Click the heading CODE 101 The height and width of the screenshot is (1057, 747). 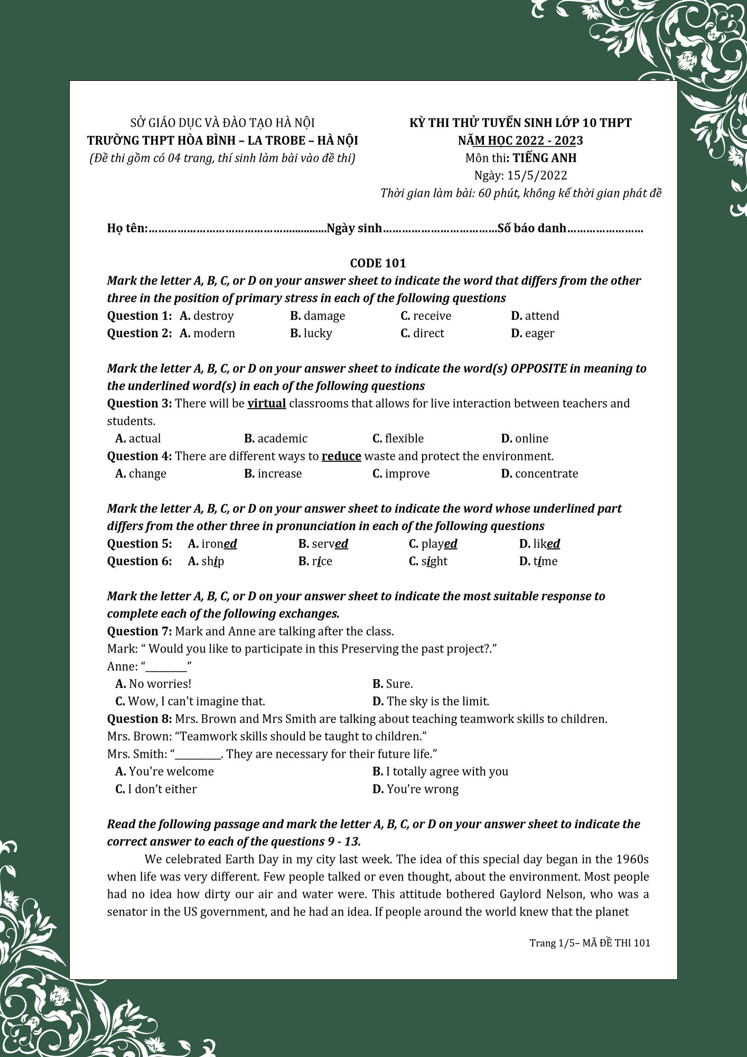378,263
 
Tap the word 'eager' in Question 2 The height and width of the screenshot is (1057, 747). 539,333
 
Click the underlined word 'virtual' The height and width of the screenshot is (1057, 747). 266,404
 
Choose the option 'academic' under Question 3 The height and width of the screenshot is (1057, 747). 282,439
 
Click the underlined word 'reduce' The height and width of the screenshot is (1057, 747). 341,456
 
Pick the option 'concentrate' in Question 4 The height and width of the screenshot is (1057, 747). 546,474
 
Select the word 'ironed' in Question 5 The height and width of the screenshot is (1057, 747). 219,544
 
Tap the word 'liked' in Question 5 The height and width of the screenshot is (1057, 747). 546,544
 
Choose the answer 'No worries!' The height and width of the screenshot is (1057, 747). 160,684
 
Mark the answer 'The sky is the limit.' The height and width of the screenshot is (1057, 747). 437,701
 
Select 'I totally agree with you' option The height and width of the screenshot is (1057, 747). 446,772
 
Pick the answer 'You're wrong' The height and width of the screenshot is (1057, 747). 422,789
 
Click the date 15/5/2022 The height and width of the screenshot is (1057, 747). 537,175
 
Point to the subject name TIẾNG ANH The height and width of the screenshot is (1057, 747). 544,158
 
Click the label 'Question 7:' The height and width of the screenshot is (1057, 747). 139,632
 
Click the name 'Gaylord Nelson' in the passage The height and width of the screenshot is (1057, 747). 541,894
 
